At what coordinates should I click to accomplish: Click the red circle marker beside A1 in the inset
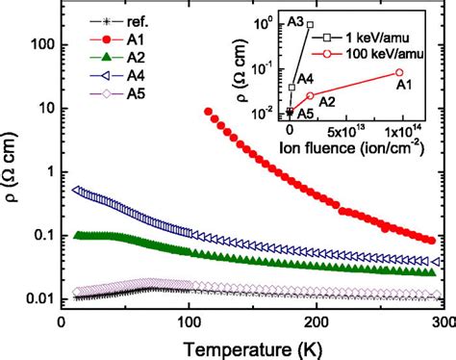click(x=399, y=72)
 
